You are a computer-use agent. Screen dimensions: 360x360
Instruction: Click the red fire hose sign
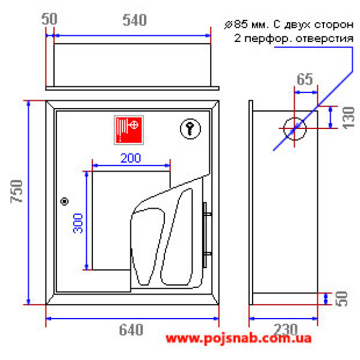129,130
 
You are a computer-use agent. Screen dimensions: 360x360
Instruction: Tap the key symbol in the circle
190,129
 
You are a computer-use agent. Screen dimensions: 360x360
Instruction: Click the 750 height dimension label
17,192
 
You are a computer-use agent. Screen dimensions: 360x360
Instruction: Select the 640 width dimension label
131,329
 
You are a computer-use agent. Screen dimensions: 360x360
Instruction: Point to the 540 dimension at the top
134,20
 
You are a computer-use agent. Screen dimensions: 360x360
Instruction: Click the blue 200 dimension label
131,158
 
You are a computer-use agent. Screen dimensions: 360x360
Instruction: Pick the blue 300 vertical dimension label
78,223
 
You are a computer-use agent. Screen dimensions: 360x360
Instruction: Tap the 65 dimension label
305,79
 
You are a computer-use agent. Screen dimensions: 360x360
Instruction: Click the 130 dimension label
348,118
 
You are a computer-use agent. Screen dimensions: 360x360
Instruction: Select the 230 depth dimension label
286,329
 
